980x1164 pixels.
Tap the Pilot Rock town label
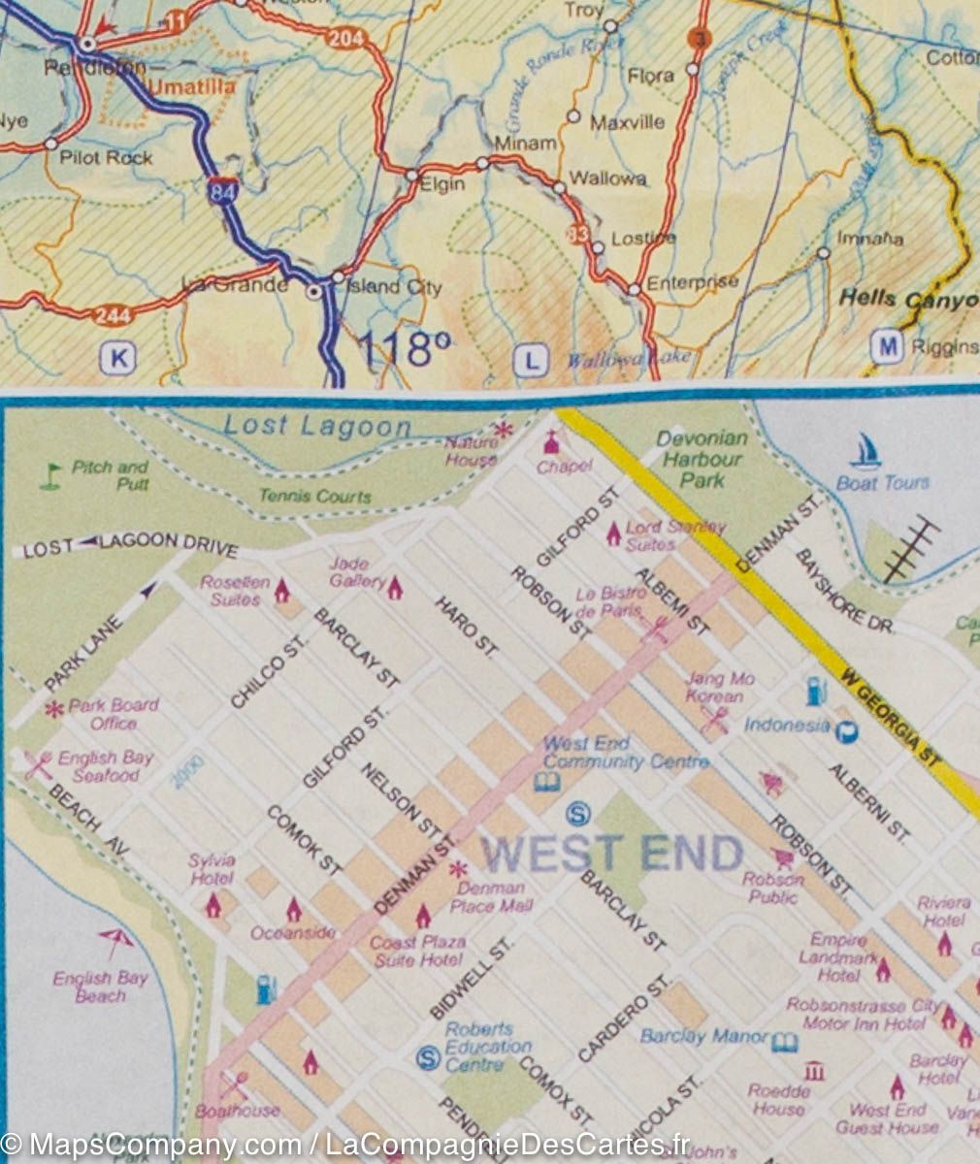pos(106,156)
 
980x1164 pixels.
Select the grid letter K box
pos(118,358)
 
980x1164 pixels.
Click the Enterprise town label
pos(692,282)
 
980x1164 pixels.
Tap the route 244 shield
pos(112,314)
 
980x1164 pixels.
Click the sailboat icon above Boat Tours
pos(866,451)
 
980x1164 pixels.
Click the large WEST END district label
pos(612,854)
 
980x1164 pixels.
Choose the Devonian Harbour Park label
pos(702,459)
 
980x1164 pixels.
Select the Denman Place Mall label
pos(490,896)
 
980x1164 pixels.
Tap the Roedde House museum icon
pos(815,1070)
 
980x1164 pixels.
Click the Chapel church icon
pos(552,442)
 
